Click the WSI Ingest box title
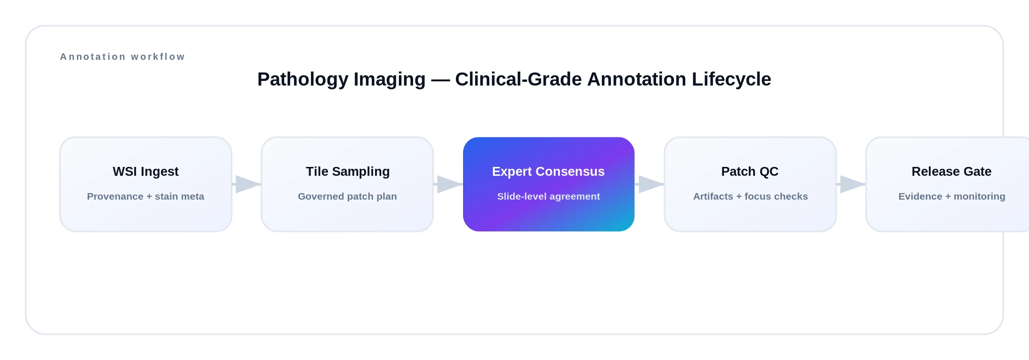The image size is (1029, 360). pos(145,172)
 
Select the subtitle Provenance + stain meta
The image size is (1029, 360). pos(145,196)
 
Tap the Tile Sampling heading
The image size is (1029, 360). pos(348,172)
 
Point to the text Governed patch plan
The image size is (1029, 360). pos(347,196)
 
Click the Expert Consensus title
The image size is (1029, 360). pos(548,172)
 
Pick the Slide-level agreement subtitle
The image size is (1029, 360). pos(548,196)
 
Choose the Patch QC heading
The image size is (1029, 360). pos(750,172)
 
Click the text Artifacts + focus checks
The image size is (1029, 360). pos(750,196)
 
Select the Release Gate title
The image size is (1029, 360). pos(951,172)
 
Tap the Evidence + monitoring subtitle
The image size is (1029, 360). pos(951,196)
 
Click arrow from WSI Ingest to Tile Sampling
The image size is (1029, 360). pos(247,184)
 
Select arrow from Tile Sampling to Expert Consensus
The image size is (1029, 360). pos(449,184)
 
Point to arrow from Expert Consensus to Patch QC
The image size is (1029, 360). pos(650,184)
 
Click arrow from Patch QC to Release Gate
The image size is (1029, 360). pos(851,184)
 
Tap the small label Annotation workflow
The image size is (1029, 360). pos(123,57)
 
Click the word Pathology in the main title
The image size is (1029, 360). pos(303,79)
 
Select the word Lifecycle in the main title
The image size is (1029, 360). pos(731,79)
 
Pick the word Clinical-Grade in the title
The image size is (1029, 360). pos(518,79)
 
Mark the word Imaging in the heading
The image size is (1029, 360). pos(389,79)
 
